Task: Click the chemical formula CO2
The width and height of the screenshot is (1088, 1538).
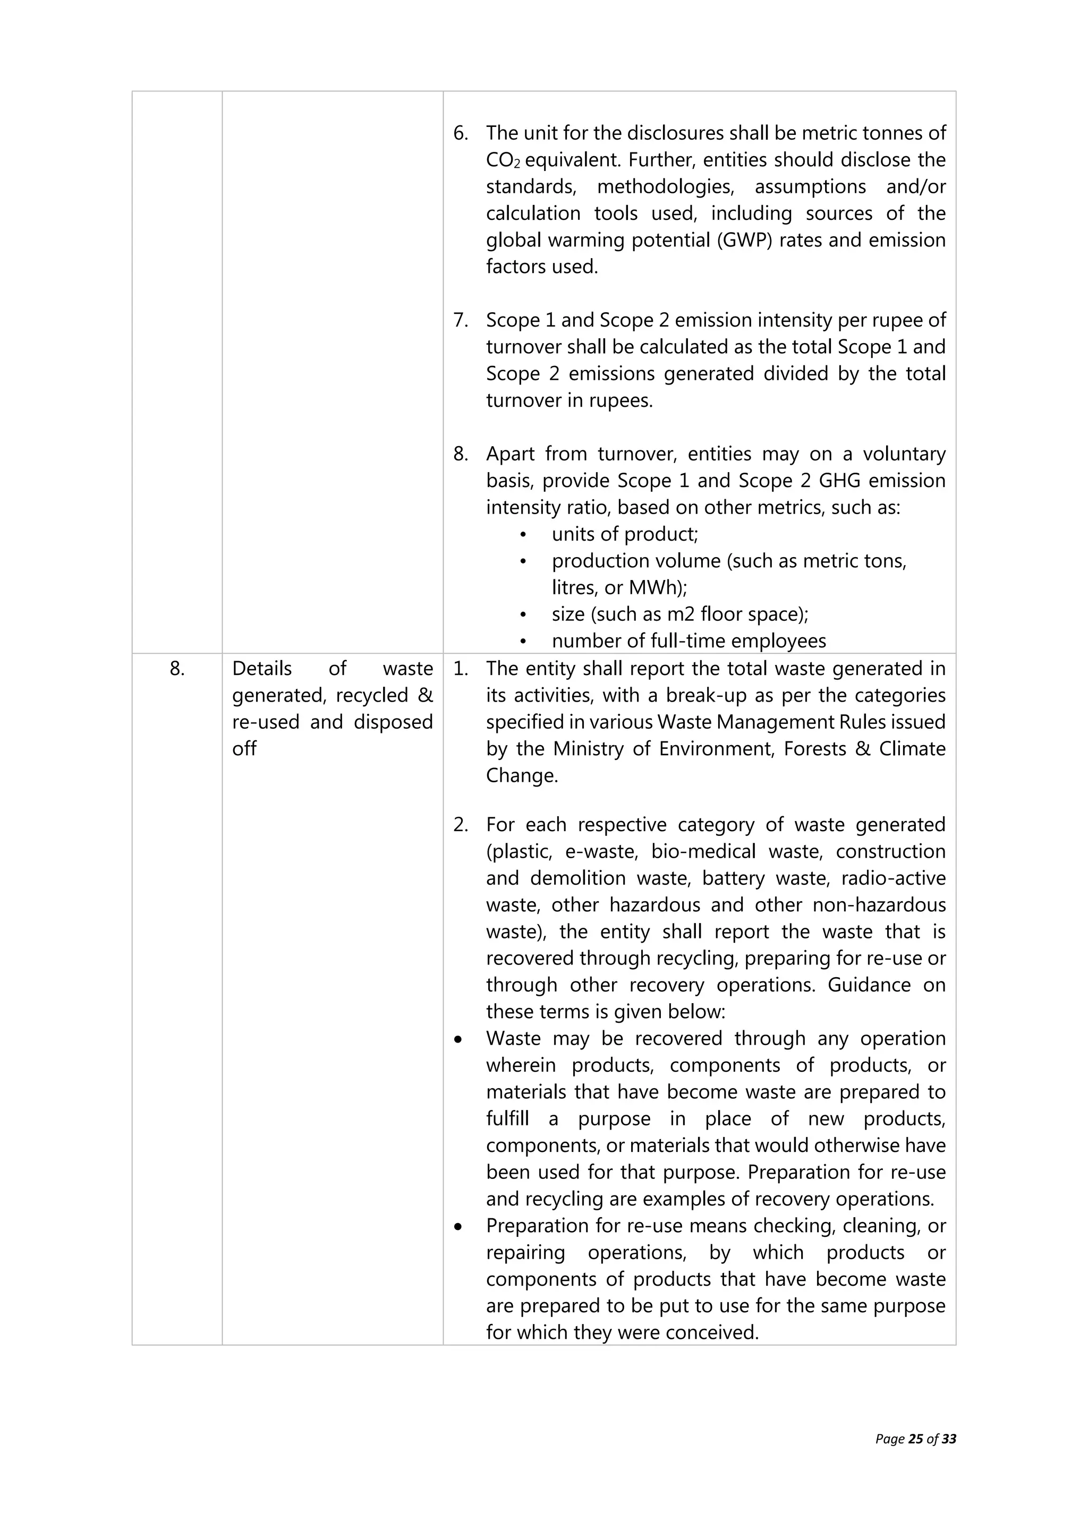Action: coord(503,161)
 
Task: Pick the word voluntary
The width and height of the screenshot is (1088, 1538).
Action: coord(904,454)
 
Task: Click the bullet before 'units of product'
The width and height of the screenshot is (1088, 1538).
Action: coord(523,535)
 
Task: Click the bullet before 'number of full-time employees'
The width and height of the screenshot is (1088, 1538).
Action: coord(523,642)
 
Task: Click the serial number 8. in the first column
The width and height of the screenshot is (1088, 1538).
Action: coord(177,669)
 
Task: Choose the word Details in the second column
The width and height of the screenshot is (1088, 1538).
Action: coord(262,669)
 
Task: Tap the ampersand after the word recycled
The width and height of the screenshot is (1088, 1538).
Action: coord(425,695)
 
